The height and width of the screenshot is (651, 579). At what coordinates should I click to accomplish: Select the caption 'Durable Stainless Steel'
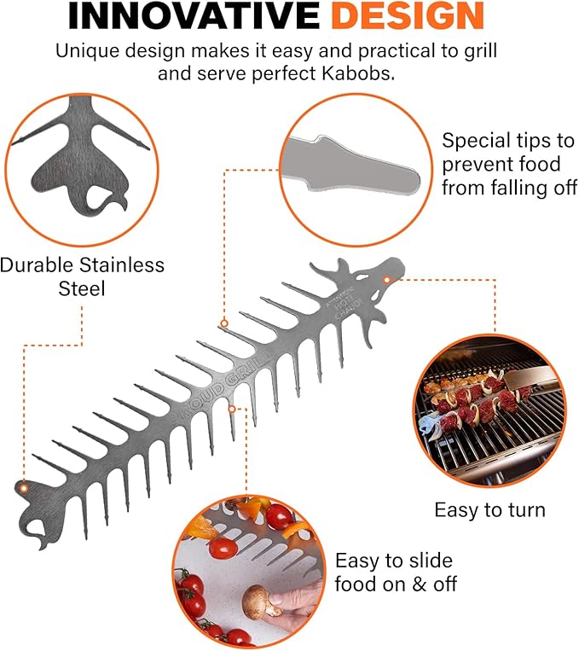coord(82,276)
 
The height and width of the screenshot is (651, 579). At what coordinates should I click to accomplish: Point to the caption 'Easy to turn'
coord(489,510)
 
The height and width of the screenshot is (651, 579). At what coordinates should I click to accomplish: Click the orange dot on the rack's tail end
coord(24,487)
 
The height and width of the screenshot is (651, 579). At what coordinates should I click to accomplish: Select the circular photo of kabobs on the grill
coord(487,406)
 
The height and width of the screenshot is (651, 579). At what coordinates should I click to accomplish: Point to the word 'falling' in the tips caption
coord(511,188)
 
